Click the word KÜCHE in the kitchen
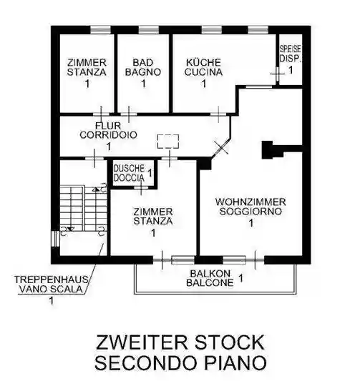[203, 62]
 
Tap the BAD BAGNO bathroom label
[143, 67]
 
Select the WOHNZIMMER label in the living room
[250, 202]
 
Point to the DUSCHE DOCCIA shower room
[133, 173]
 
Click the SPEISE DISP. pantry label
[290, 54]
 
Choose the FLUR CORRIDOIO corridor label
[108, 130]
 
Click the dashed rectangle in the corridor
[168, 141]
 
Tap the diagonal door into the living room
[221, 147]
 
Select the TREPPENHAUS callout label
[51, 279]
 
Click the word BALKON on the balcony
[210, 274]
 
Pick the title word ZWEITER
[142, 342]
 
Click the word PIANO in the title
[235, 363]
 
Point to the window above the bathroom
[149, 29]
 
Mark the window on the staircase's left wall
[55, 239]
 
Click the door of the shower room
[141, 187]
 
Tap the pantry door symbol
[277, 73]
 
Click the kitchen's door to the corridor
[218, 114]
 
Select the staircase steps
[84, 208]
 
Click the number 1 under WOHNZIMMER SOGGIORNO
[251, 223]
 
